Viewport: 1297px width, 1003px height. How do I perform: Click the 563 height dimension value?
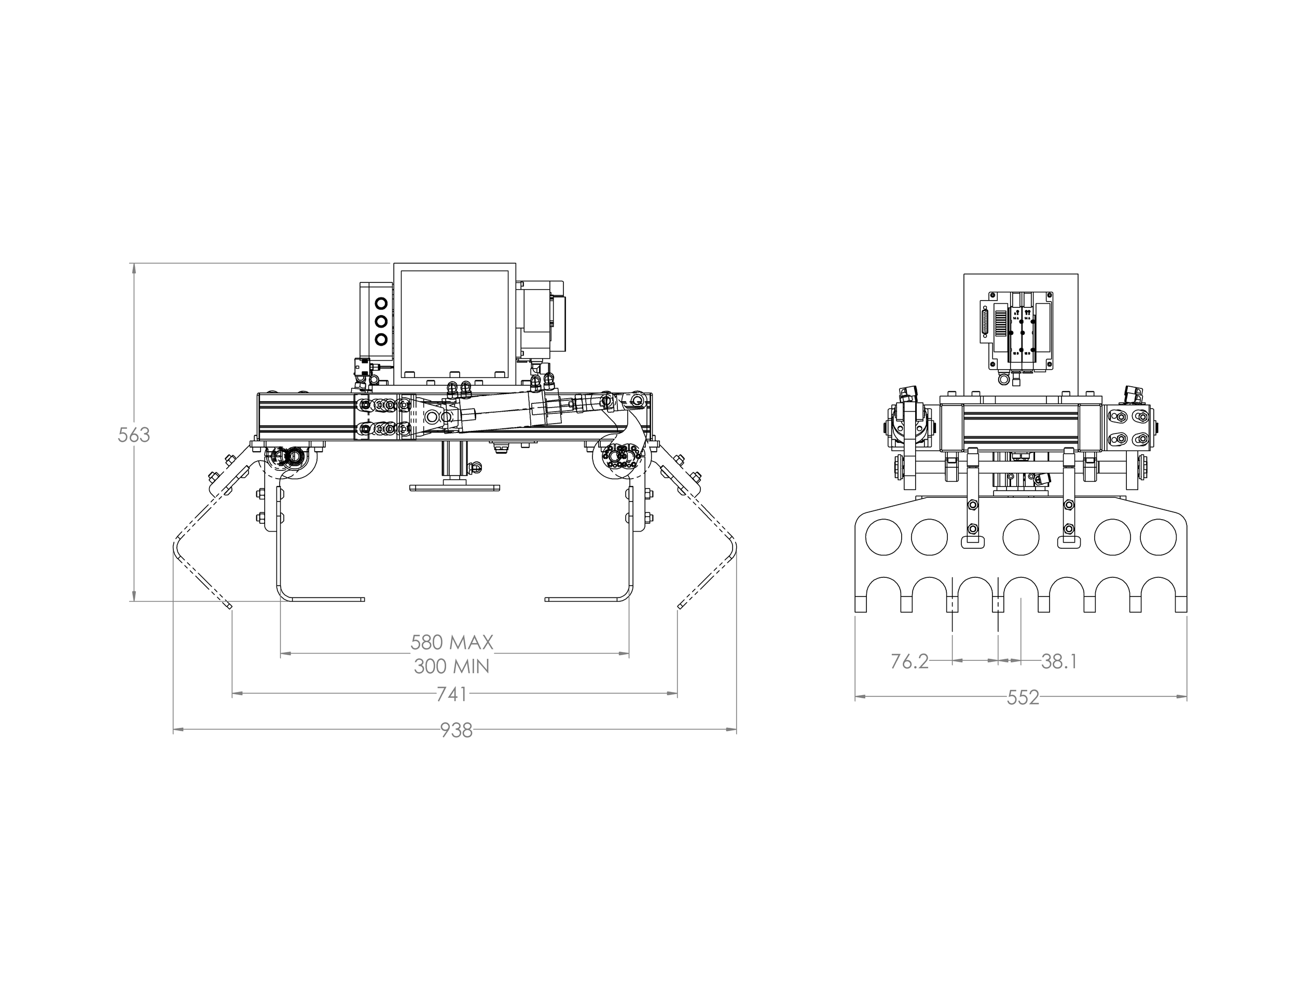(134, 435)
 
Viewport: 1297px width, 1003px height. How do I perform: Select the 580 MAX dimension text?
(452, 642)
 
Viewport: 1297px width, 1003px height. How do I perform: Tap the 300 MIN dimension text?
(452, 666)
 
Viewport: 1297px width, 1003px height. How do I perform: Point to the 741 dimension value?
(452, 694)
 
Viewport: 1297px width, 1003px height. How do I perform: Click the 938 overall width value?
(456, 730)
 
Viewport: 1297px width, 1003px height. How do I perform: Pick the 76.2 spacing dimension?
(909, 661)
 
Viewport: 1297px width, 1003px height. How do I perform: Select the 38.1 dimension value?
(1059, 661)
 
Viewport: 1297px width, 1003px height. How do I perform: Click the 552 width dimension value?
(1023, 698)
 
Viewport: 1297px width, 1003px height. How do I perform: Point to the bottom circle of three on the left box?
(380, 340)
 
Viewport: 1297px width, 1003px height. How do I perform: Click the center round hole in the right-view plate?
(1021, 537)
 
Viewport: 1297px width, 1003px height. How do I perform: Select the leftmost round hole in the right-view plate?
(884, 537)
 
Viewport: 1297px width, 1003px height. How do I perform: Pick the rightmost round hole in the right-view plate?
(1158, 537)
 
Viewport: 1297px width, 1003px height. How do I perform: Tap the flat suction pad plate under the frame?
(454, 488)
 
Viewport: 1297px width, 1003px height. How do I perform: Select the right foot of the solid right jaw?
(587, 599)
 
